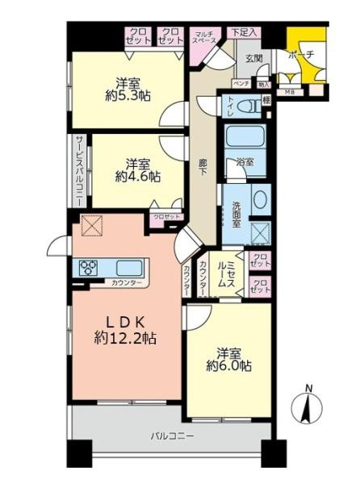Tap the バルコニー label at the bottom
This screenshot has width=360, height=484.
[x=171, y=436]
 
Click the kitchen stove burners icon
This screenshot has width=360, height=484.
[x=89, y=267]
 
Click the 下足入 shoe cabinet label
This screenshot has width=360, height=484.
[x=243, y=32]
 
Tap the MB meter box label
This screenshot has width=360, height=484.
[x=290, y=91]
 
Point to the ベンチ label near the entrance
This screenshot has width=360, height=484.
[x=241, y=83]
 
